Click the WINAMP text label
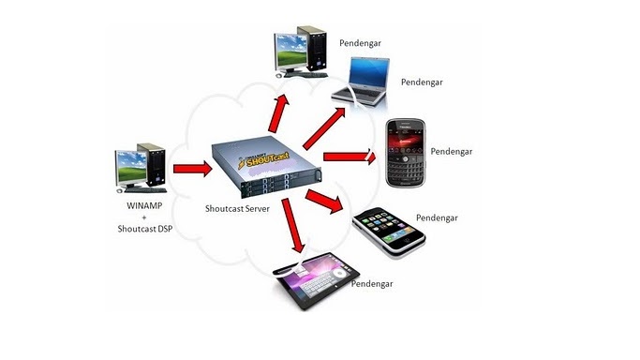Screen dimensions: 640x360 [143, 204]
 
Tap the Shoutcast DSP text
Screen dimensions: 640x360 [143, 228]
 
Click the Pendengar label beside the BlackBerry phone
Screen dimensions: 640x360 [451, 151]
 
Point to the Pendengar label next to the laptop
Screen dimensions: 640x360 [421, 82]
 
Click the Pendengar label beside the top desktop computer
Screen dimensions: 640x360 [359, 43]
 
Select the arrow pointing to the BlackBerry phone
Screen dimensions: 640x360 [348, 157]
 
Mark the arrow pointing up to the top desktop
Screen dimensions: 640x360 [277, 113]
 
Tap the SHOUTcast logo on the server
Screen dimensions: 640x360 [273, 155]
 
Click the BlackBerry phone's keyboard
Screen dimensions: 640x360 [407, 172]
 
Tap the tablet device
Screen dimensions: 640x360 [313, 282]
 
